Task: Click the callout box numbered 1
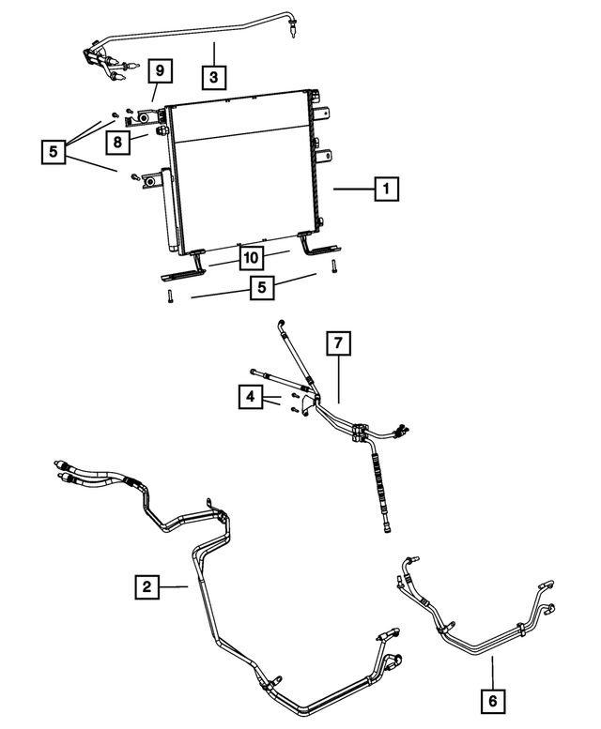pos(386,189)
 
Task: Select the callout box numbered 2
pos(147,586)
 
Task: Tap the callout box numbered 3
pos(214,77)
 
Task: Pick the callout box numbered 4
pos(251,397)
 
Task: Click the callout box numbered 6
pos(493,701)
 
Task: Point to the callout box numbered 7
pos(338,343)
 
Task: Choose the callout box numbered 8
pos(117,142)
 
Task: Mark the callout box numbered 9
pos(160,70)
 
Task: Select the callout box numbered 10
pos(251,258)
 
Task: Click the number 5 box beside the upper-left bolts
pos(54,151)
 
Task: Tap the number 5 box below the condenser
pos(262,287)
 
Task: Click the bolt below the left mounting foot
pos(170,296)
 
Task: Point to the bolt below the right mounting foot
pos(333,266)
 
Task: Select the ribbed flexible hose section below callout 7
pos(378,484)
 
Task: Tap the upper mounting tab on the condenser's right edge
pos(323,114)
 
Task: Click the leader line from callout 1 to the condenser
pos(354,189)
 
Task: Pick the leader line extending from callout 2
pos(174,586)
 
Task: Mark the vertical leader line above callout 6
pos(493,673)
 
